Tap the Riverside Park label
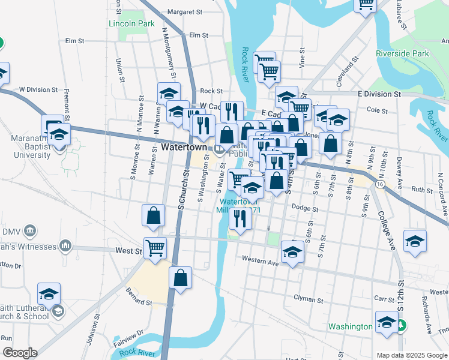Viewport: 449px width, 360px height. tap(403, 53)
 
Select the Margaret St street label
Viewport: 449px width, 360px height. tap(185, 11)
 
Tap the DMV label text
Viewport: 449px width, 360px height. tap(12, 231)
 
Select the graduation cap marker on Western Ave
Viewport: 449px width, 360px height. tap(292, 252)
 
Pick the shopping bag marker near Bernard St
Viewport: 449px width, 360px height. tap(181, 278)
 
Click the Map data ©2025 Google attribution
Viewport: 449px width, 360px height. tap(412, 355)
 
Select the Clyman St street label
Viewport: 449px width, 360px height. tap(309, 298)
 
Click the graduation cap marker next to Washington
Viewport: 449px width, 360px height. tap(387, 322)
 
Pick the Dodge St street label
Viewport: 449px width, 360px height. tap(305, 208)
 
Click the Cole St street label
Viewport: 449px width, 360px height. tap(378, 110)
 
